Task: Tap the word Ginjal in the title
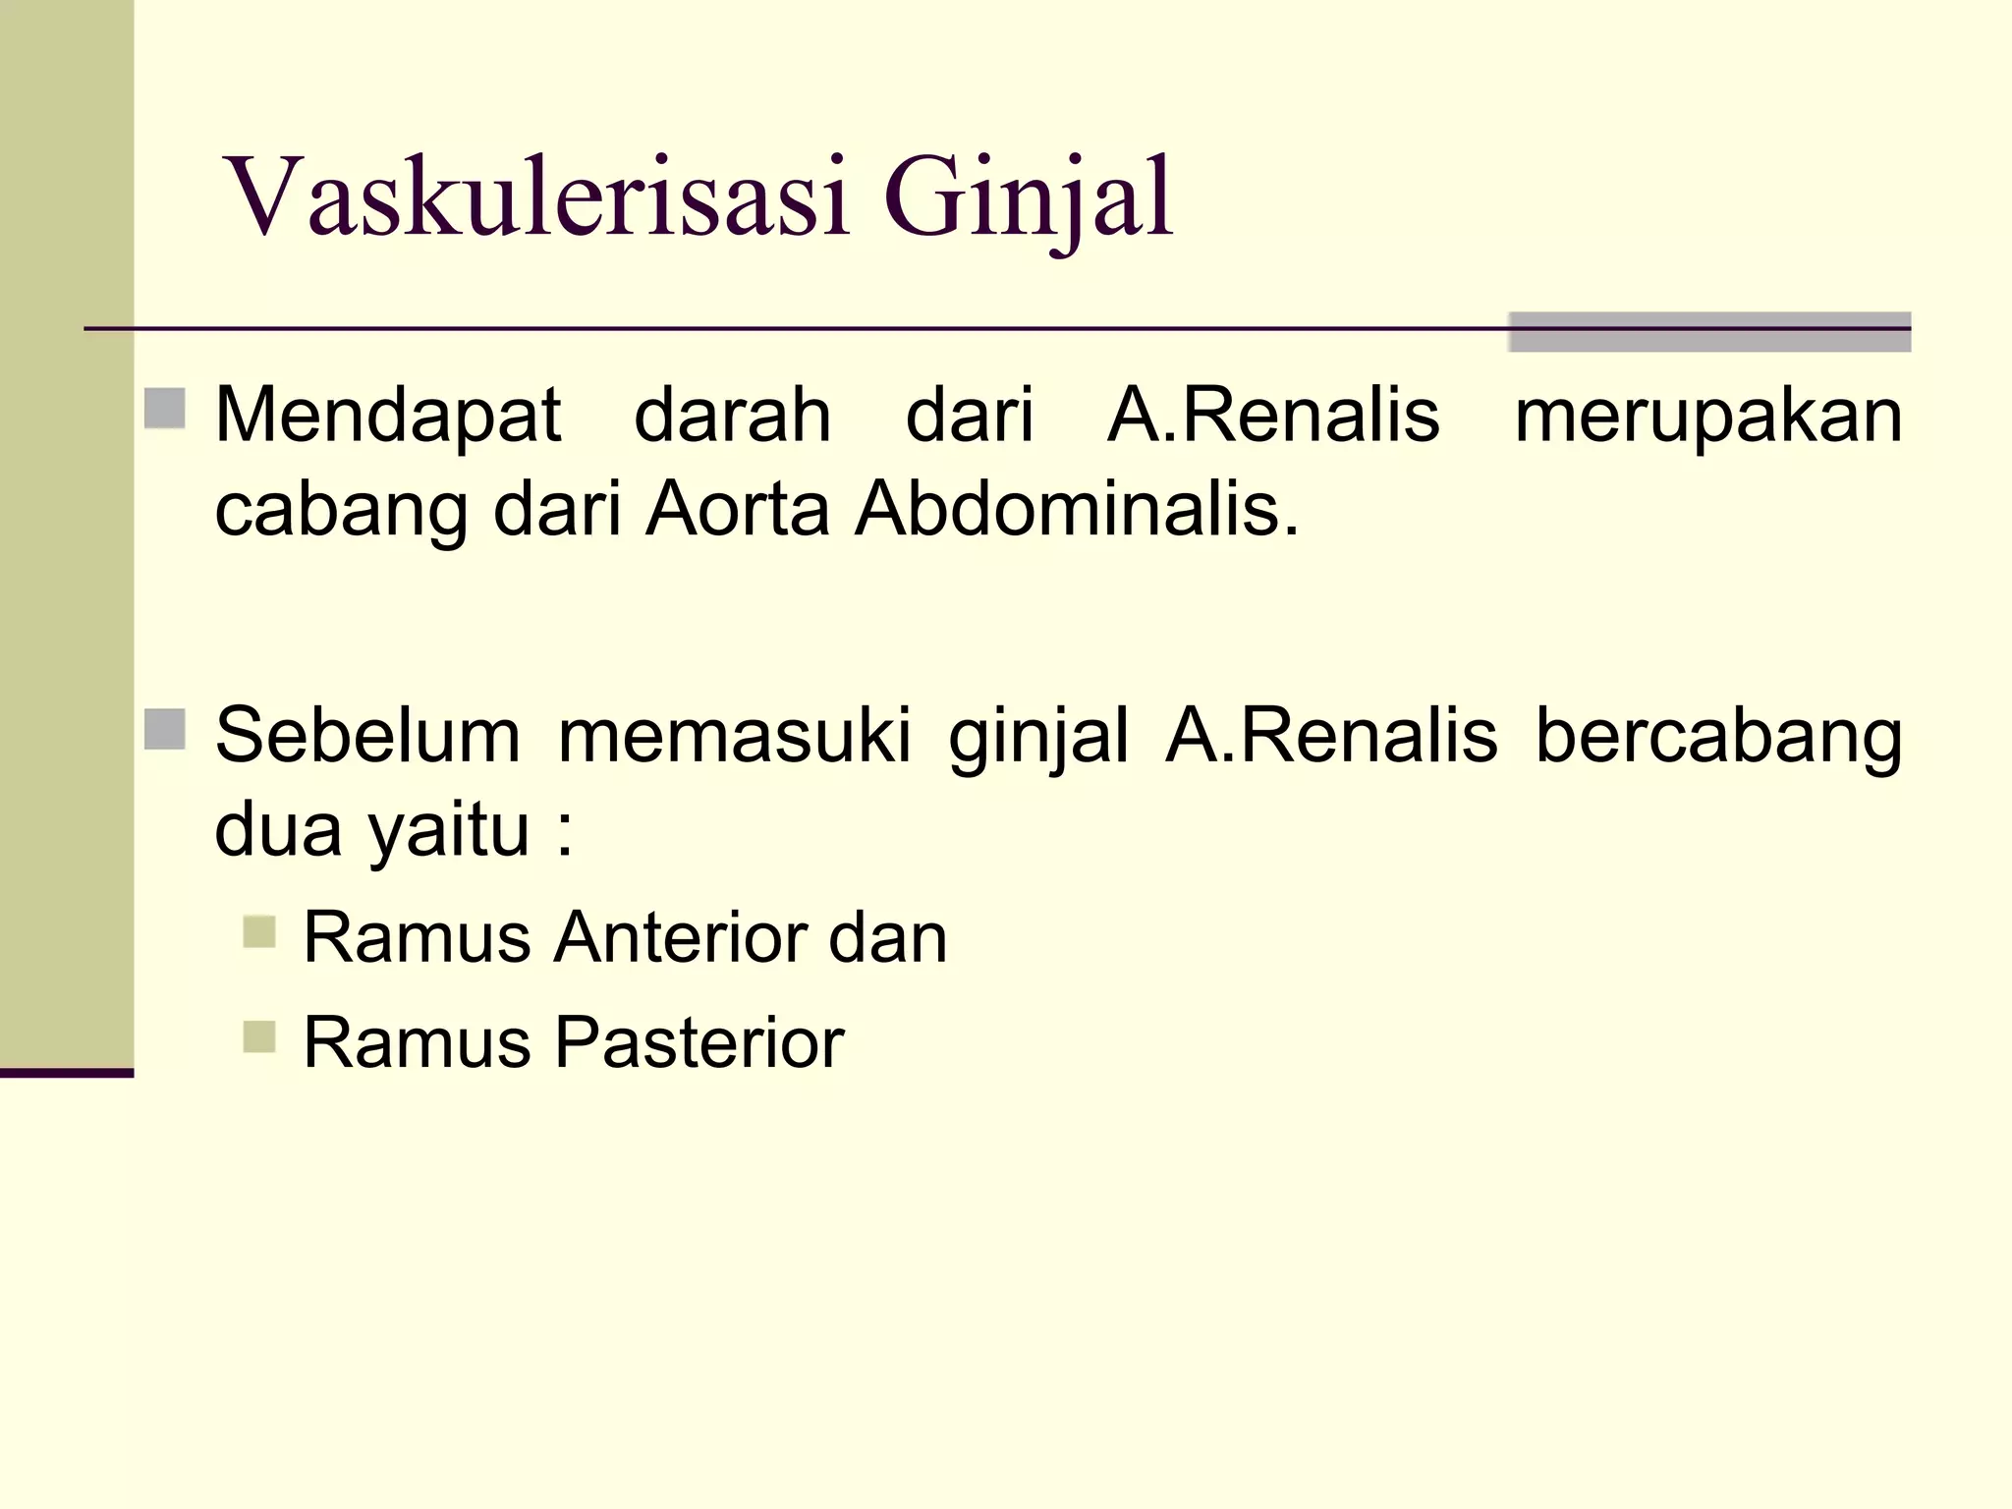[x=1028, y=198]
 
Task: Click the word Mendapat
[x=388, y=415]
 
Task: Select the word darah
[x=733, y=415]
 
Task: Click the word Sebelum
[x=367, y=735]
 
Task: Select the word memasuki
[x=735, y=735]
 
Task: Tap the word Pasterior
[x=699, y=1042]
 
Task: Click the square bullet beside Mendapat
[x=165, y=409]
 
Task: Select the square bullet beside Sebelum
[x=165, y=729]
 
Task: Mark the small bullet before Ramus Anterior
[x=259, y=931]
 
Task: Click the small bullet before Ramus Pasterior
[x=259, y=1036]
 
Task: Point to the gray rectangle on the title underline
[x=1708, y=331]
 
